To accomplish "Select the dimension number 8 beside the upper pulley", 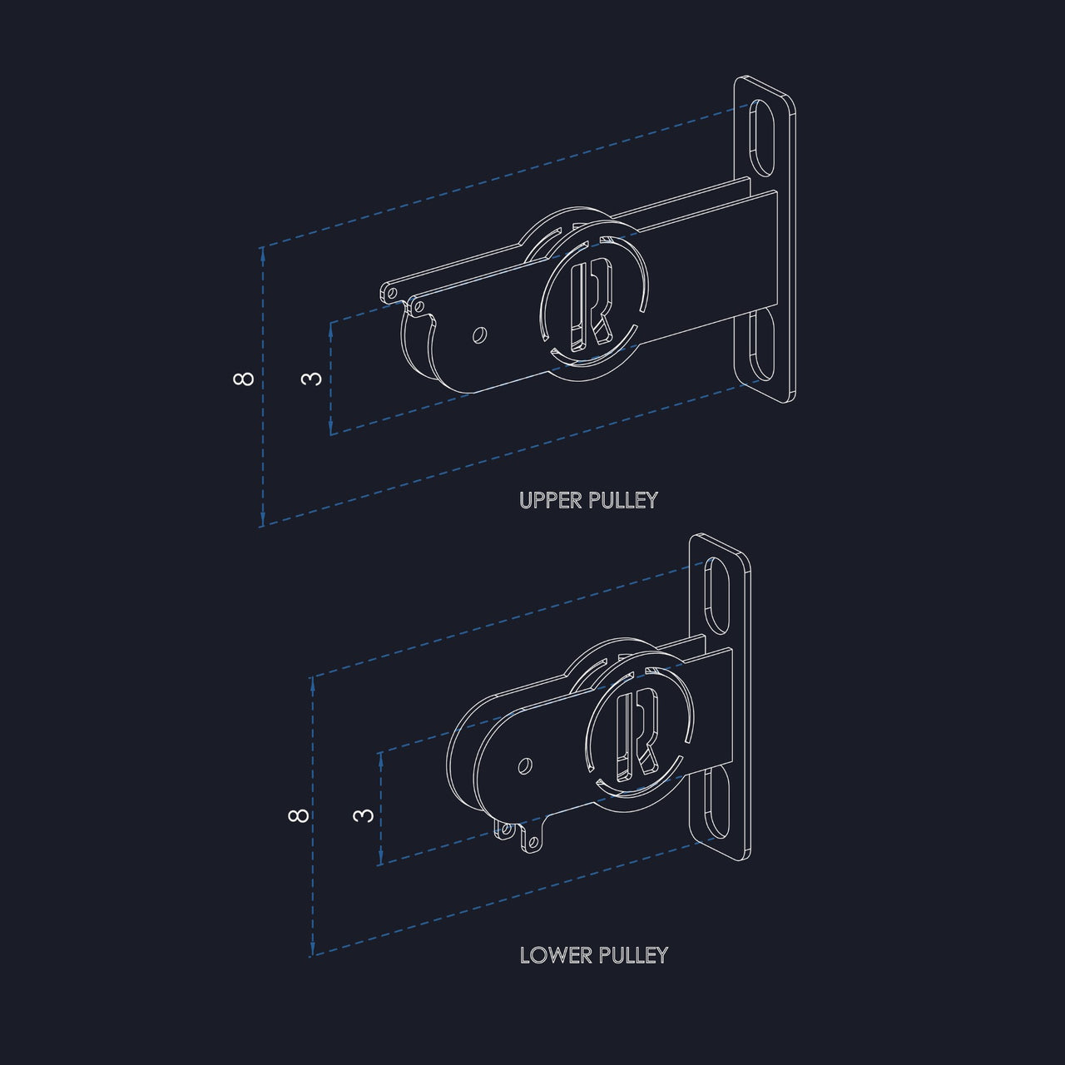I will [x=243, y=379].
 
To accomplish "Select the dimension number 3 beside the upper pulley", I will [x=312, y=379].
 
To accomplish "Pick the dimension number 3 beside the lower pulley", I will [x=362, y=815].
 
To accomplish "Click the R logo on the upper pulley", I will [x=591, y=306].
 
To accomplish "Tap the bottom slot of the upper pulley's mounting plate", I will [x=759, y=345].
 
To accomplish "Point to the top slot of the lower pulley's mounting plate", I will [x=715, y=596].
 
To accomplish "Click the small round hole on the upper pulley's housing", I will [x=478, y=335].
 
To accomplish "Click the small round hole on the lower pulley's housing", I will [x=525, y=764].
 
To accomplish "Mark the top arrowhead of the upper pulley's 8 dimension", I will [x=263, y=253].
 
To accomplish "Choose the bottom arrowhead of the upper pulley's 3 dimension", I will [x=331, y=428].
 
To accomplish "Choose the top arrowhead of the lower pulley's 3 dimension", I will [x=380, y=757].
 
